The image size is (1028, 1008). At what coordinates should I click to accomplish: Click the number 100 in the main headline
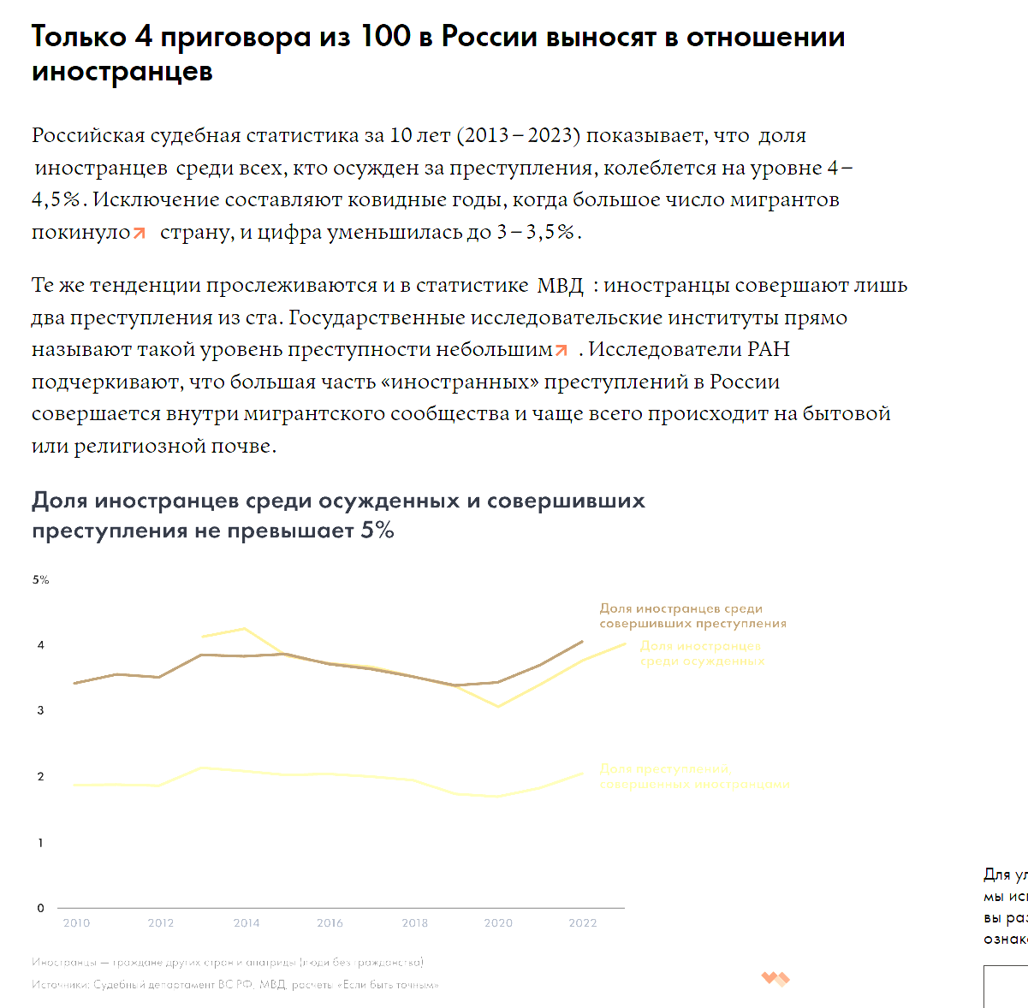(x=385, y=37)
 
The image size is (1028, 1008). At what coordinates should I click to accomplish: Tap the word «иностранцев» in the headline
(x=122, y=71)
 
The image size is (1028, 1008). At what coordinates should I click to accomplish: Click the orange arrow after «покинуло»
(x=140, y=233)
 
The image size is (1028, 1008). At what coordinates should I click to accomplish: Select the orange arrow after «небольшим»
(x=562, y=350)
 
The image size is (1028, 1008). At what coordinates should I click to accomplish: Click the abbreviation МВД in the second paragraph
(x=560, y=286)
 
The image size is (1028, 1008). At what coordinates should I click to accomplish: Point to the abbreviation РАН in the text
(x=768, y=350)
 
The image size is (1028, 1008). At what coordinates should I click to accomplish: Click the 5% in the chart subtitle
(x=377, y=531)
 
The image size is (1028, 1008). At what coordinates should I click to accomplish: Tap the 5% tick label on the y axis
(x=41, y=579)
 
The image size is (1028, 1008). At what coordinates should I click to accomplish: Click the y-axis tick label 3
(x=40, y=710)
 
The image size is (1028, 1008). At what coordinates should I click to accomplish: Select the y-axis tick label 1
(x=40, y=843)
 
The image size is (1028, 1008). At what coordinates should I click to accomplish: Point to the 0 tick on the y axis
(x=40, y=908)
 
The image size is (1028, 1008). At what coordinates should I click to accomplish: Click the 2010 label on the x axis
(x=76, y=923)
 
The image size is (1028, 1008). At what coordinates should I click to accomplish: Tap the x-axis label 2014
(x=247, y=923)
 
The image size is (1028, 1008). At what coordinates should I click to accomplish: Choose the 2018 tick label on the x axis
(x=414, y=923)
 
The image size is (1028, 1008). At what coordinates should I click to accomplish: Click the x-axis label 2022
(x=583, y=923)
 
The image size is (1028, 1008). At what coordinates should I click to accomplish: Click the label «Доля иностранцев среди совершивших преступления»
(x=692, y=616)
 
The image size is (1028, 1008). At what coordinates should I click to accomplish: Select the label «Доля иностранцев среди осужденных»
(x=702, y=654)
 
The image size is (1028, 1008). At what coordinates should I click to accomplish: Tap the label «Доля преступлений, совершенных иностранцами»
(x=694, y=777)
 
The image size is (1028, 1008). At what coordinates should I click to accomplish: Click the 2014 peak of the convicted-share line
(x=245, y=629)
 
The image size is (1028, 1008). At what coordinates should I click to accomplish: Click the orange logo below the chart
(x=775, y=979)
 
